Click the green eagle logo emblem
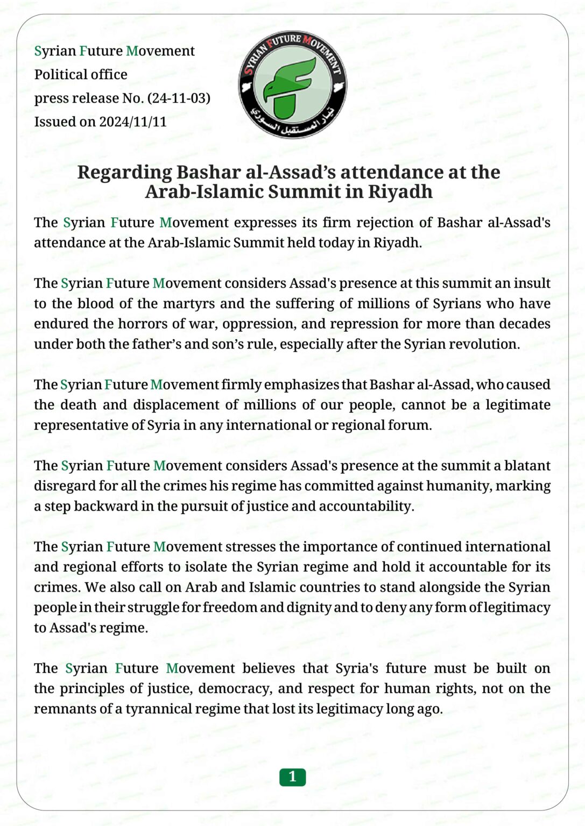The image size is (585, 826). tap(292, 85)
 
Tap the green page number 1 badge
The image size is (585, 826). tap(292, 777)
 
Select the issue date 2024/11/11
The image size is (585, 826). tap(133, 122)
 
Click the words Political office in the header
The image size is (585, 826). tap(81, 75)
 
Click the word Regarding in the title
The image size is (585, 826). tap(124, 172)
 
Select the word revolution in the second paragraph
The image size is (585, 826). tap(487, 344)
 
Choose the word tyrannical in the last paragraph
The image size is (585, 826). tap(155, 709)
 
